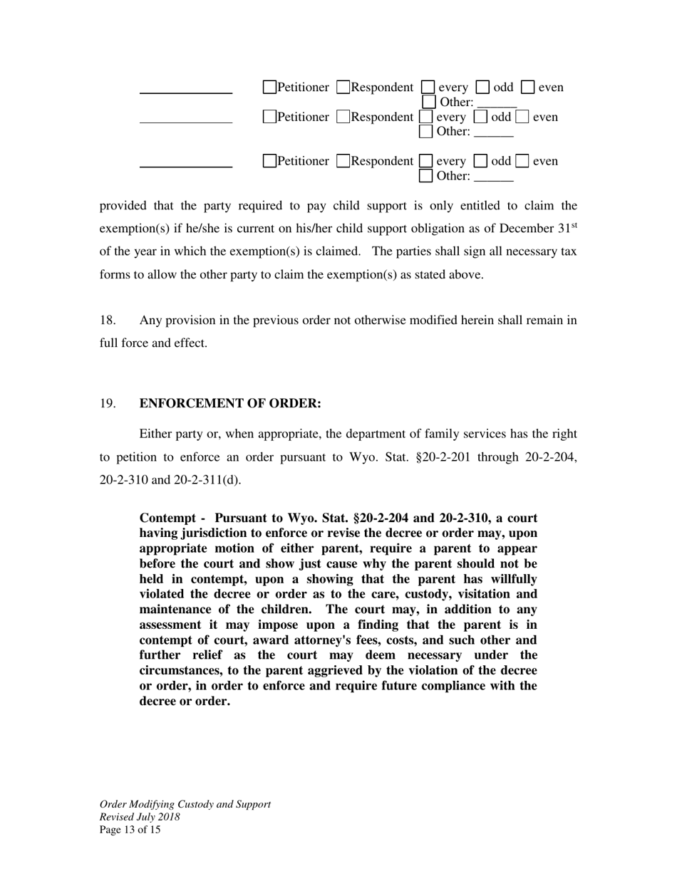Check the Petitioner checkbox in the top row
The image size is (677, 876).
coord(269,88)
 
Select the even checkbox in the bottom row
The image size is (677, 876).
coord(522,162)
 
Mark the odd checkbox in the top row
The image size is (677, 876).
coord(482,88)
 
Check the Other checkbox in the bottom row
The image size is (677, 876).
coord(426,176)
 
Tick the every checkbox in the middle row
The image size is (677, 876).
coord(426,117)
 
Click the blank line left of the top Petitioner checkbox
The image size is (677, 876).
coord(186,92)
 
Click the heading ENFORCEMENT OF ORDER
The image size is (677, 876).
coord(230,404)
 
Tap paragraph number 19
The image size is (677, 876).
coord(108,404)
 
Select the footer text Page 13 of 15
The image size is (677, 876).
coord(130,830)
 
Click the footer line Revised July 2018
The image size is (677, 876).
coord(140,817)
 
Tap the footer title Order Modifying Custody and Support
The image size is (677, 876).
coord(185,804)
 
